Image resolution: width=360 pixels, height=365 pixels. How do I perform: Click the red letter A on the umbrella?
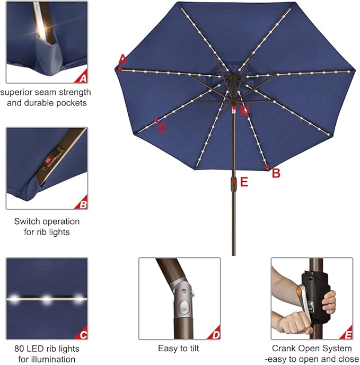(123, 58)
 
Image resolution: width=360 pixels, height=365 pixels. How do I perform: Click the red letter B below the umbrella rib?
(276, 173)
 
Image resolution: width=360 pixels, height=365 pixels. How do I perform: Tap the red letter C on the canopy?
(163, 128)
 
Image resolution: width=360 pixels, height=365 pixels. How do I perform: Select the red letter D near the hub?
(244, 111)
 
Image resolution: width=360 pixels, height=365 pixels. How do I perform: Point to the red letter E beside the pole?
(244, 182)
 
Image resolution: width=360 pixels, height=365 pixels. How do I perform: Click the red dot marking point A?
(121, 68)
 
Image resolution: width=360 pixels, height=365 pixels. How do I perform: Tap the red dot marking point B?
(267, 167)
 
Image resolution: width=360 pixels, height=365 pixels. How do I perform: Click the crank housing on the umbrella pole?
(234, 183)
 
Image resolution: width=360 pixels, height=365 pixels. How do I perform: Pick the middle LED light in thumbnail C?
(47, 300)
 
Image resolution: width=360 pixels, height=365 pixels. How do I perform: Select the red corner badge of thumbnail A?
(82, 79)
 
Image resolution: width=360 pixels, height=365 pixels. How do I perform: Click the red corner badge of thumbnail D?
(215, 335)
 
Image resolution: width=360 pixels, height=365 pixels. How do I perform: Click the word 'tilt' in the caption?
(191, 349)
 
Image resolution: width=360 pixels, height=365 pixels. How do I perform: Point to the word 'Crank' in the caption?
(285, 349)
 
